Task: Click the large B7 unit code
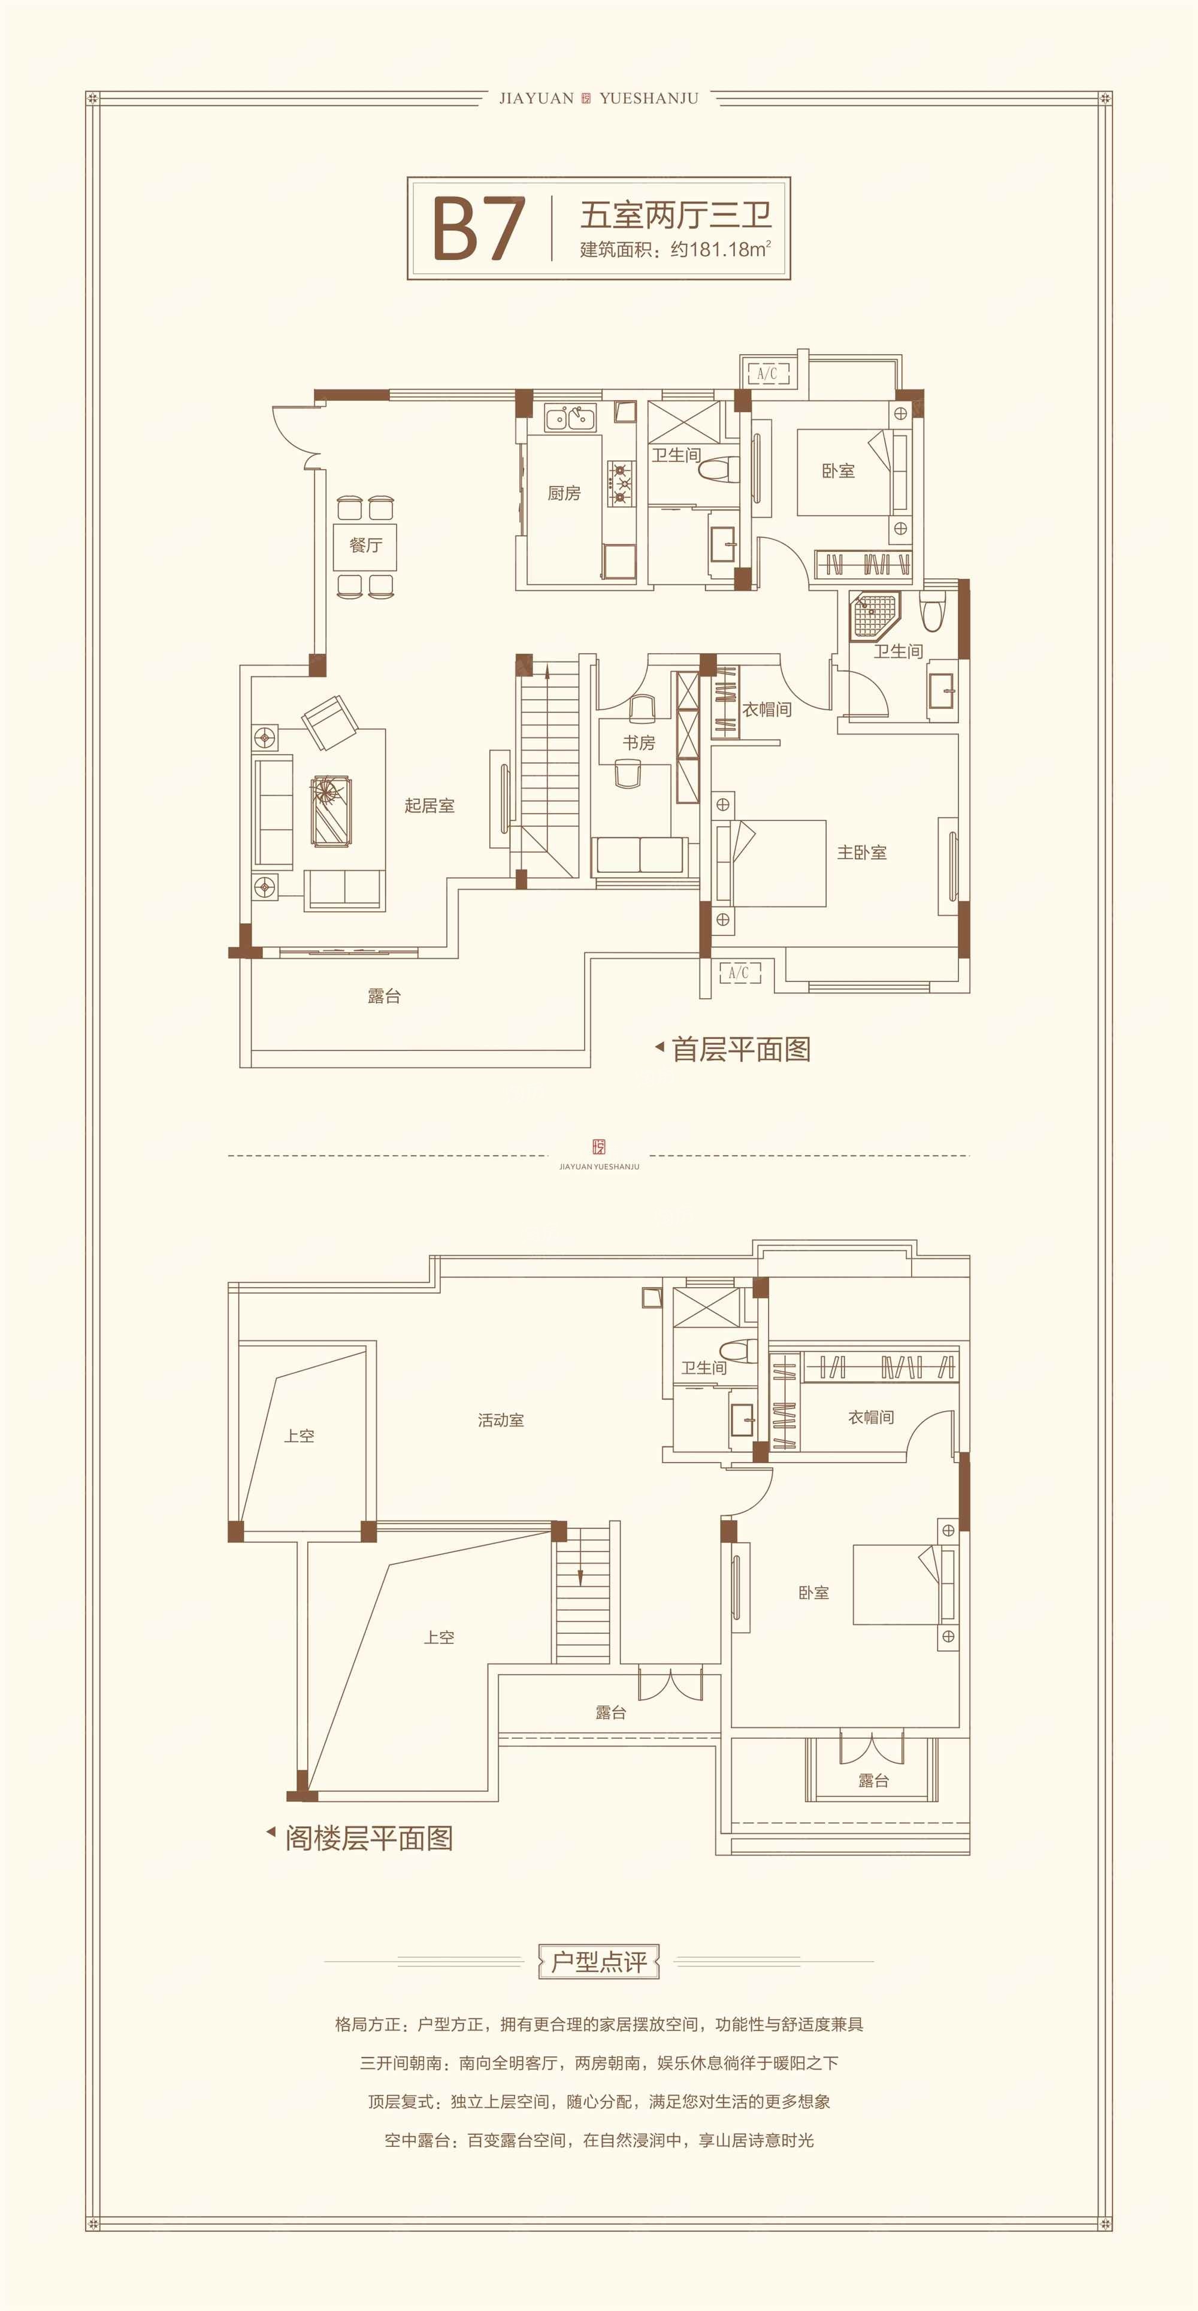click(478, 229)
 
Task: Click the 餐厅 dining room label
click(366, 545)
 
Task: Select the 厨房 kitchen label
click(564, 493)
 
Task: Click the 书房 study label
click(639, 743)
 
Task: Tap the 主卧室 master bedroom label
click(862, 852)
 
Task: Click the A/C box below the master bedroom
click(740, 972)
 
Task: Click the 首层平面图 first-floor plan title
click(741, 1049)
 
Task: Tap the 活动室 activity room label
click(500, 1420)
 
